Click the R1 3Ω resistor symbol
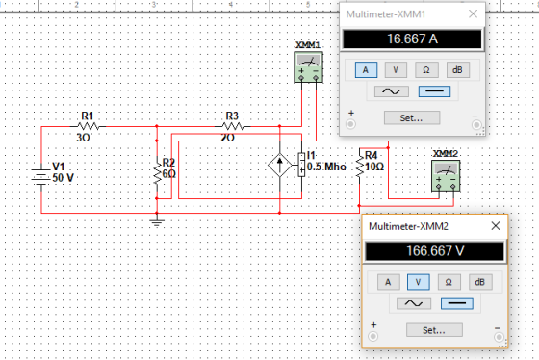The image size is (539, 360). coord(89,126)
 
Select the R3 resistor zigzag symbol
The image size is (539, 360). coord(233,126)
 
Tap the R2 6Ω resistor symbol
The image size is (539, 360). coord(157,173)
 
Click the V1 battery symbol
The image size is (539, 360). coord(41,177)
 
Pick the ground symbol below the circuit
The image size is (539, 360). coord(157,222)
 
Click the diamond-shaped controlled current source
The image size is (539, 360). coord(280,165)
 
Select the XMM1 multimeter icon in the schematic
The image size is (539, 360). coord(308,67)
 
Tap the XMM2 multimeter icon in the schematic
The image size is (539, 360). coord(446,176)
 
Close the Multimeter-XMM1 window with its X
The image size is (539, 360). coord(473,13)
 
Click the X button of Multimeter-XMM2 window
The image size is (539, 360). coord(496,226)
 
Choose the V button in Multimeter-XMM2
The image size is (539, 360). coord(418,282)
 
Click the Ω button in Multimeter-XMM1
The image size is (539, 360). coord(426,70)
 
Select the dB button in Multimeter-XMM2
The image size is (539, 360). coord(480,282)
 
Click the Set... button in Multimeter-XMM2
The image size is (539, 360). coord(434,330)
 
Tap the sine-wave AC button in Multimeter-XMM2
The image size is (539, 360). coord(414,303)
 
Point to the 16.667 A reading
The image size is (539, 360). coord(413,39)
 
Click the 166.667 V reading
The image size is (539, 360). coord(435,251)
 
